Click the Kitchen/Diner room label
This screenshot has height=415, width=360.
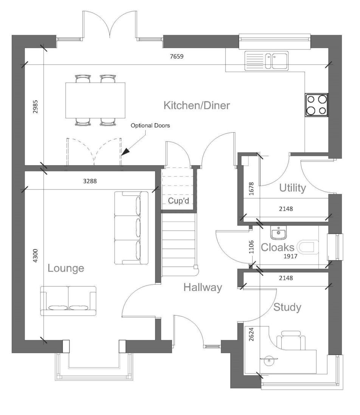pyautogui.click(x=196, y=105)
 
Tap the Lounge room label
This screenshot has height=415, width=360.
pyautogui.click(x=66, y=268)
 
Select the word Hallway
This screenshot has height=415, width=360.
pyautogui.click(x=202, y=288)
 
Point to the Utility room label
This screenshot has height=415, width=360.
pyautogui.click(x=292, y=188)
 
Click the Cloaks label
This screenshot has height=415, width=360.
pyautogui.click(x=278, y=248)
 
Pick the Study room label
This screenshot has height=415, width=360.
pyautogui.click(x=287, y=307)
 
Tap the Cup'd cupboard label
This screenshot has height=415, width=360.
pyautogui.click(x=178, y=201)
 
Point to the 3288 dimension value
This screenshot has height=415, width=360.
pyautogui.click(x=90, y=181)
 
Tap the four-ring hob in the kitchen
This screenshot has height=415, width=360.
pyautogui.click(x=317, y=105)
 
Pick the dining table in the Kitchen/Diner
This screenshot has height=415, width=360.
pyautogui.click(x=95, y=100)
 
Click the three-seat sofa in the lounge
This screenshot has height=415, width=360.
pyautogui.click(x=131, y=228)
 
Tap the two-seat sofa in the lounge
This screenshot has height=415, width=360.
pyautogui.click(x=68, y=300)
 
